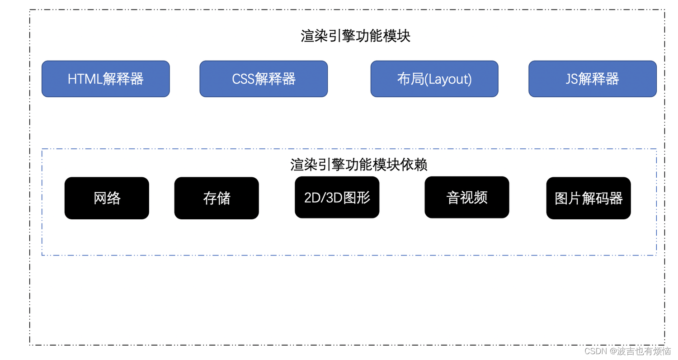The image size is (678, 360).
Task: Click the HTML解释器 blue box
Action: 105,79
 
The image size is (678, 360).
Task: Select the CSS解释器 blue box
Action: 264,79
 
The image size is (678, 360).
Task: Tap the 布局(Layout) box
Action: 434,79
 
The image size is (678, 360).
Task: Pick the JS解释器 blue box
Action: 592,79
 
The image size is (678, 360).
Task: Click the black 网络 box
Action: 107,198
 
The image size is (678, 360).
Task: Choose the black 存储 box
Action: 217,198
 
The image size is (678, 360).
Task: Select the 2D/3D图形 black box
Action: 337,197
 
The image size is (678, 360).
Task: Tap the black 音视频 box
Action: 467,197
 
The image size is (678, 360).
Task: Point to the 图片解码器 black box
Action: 589,198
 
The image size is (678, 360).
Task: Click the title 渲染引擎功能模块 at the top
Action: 355,36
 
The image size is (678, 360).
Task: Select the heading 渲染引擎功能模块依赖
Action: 359,165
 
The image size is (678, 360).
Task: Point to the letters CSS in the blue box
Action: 243,79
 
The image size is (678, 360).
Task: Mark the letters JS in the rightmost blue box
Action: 572,79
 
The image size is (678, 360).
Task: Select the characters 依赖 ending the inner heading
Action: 414,165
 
